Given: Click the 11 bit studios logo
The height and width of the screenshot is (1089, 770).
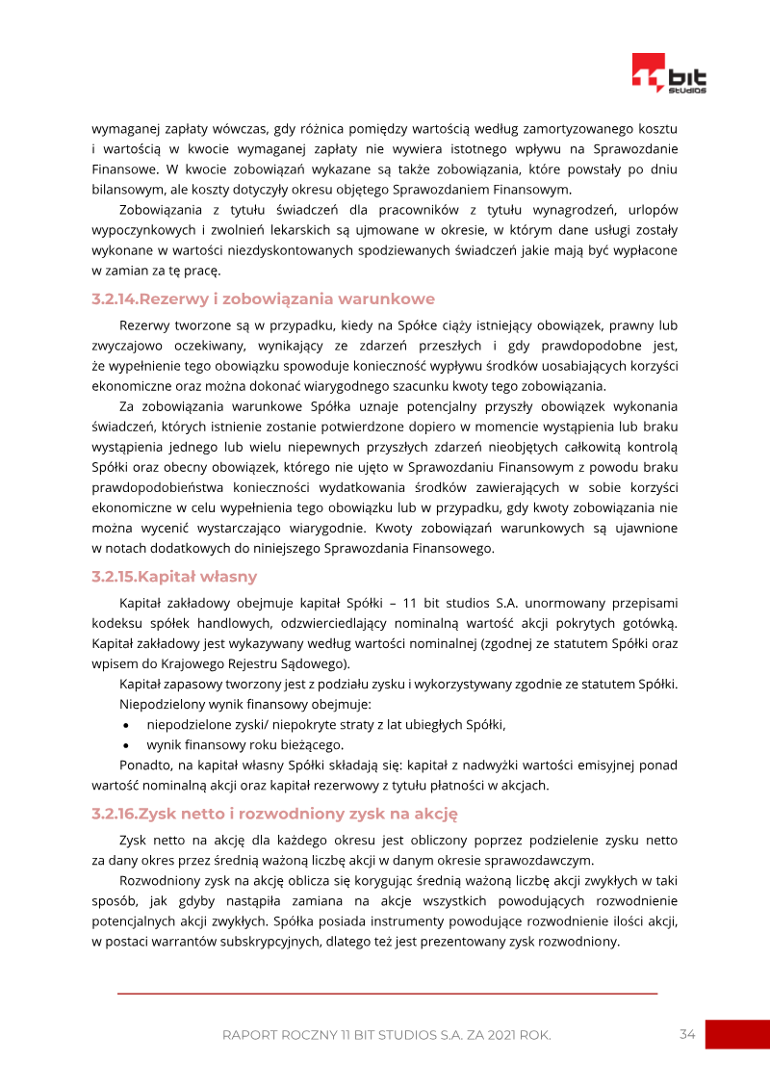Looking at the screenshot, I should [669, 73].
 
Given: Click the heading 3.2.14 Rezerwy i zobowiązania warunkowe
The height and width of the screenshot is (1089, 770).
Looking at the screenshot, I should [263, 298].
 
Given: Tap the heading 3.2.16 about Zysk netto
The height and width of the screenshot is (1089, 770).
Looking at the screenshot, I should [274, 814].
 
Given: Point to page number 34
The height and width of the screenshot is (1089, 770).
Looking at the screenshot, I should [687, 1034].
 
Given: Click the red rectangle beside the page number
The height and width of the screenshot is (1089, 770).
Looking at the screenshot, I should [737, 1034].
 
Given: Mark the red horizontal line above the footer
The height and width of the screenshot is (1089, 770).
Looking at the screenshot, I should [387, 993].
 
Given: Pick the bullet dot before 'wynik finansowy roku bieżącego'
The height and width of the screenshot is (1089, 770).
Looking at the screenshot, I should [127, 745].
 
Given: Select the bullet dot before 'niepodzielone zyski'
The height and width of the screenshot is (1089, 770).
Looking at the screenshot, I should [127, 725].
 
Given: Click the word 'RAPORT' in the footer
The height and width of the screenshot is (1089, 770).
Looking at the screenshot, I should [250, 1035].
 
